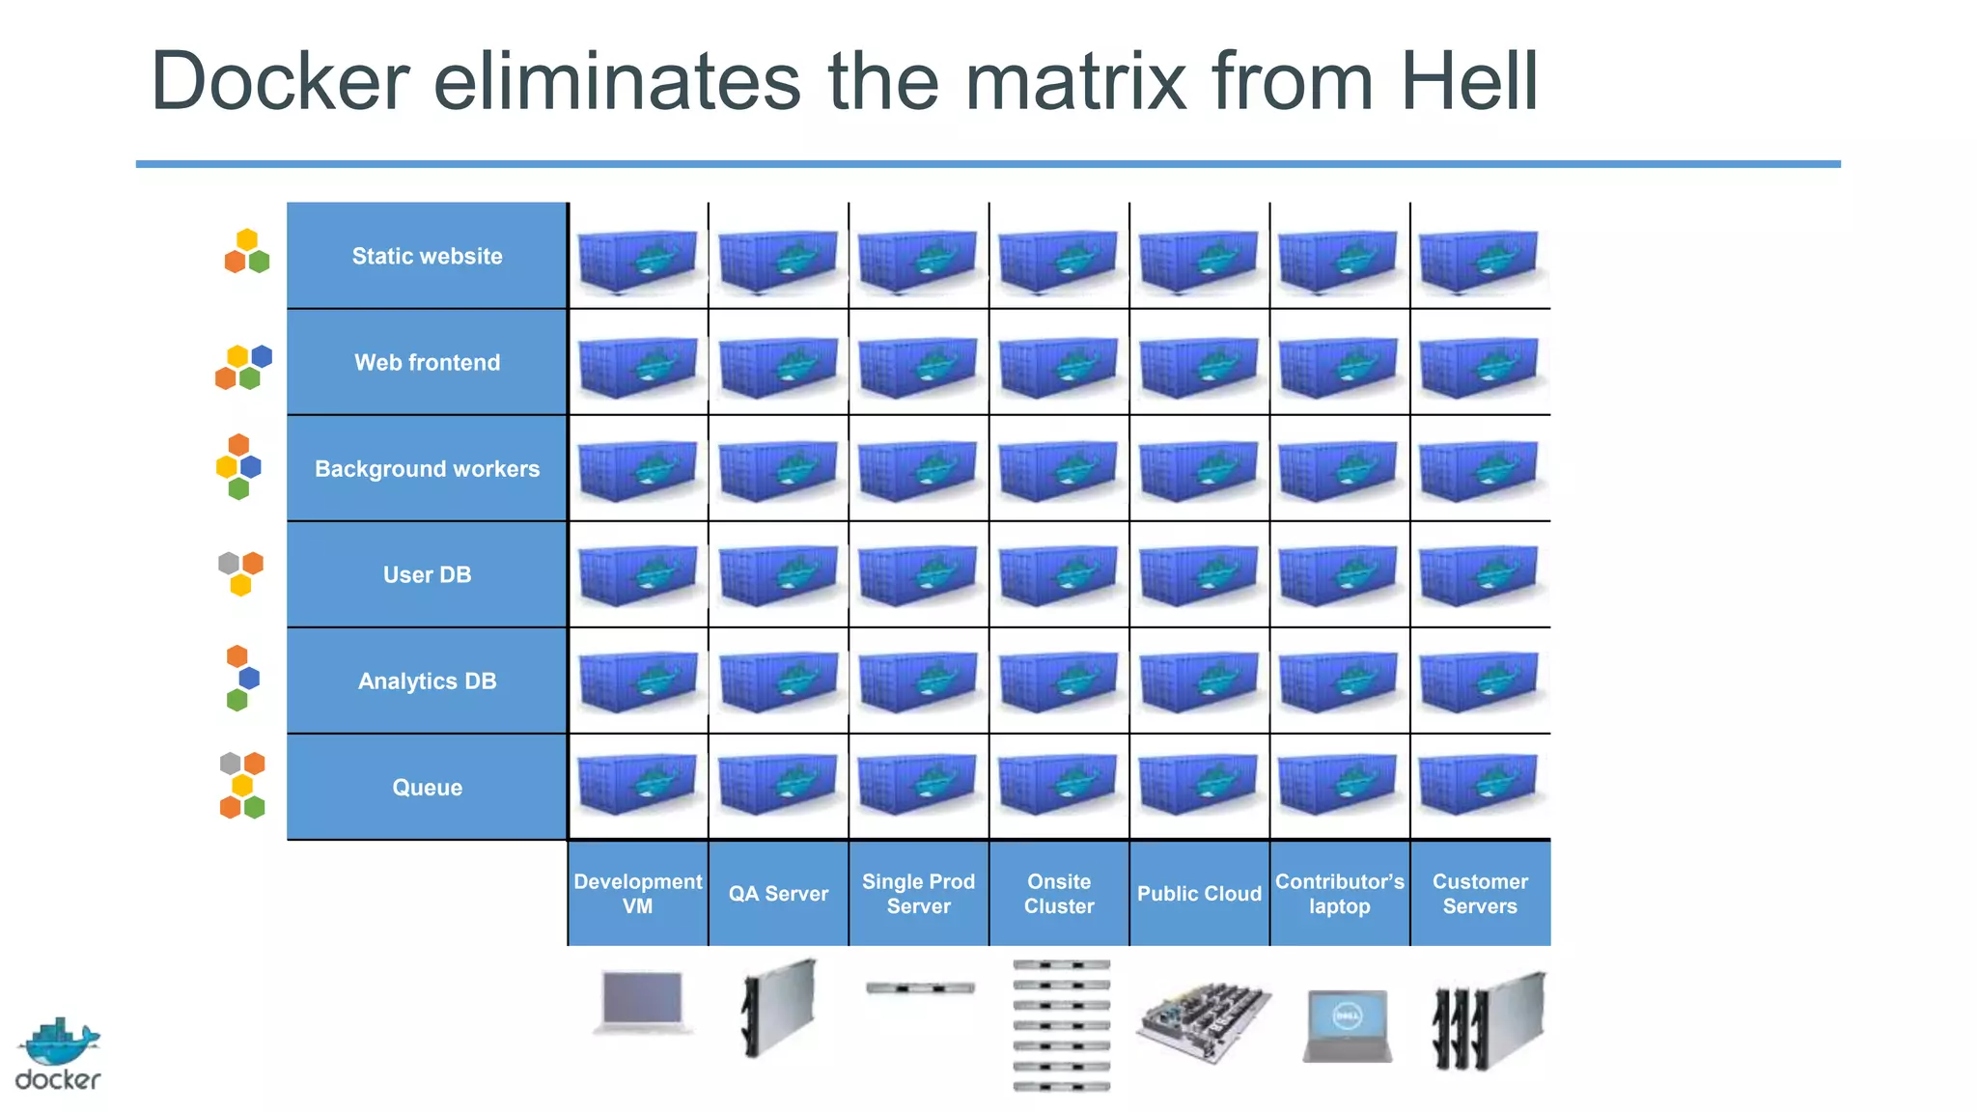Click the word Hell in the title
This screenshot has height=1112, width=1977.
1468,82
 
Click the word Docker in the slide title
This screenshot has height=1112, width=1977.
280,82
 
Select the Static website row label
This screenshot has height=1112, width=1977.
427,256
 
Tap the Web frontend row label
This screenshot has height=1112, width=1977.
427,362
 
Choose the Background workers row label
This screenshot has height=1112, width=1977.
427,468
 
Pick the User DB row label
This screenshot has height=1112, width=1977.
427,574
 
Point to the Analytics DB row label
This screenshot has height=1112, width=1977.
427,681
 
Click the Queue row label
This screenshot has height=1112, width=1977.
427,787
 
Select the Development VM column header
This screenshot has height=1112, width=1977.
637,893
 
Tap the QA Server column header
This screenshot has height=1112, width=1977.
778,893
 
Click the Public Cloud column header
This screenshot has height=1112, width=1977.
1199,893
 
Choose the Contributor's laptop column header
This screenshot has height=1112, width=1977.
1340,893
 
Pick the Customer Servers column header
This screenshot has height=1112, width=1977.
1480,893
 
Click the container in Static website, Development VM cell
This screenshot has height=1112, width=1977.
637,259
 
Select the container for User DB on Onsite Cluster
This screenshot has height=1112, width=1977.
1058,574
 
